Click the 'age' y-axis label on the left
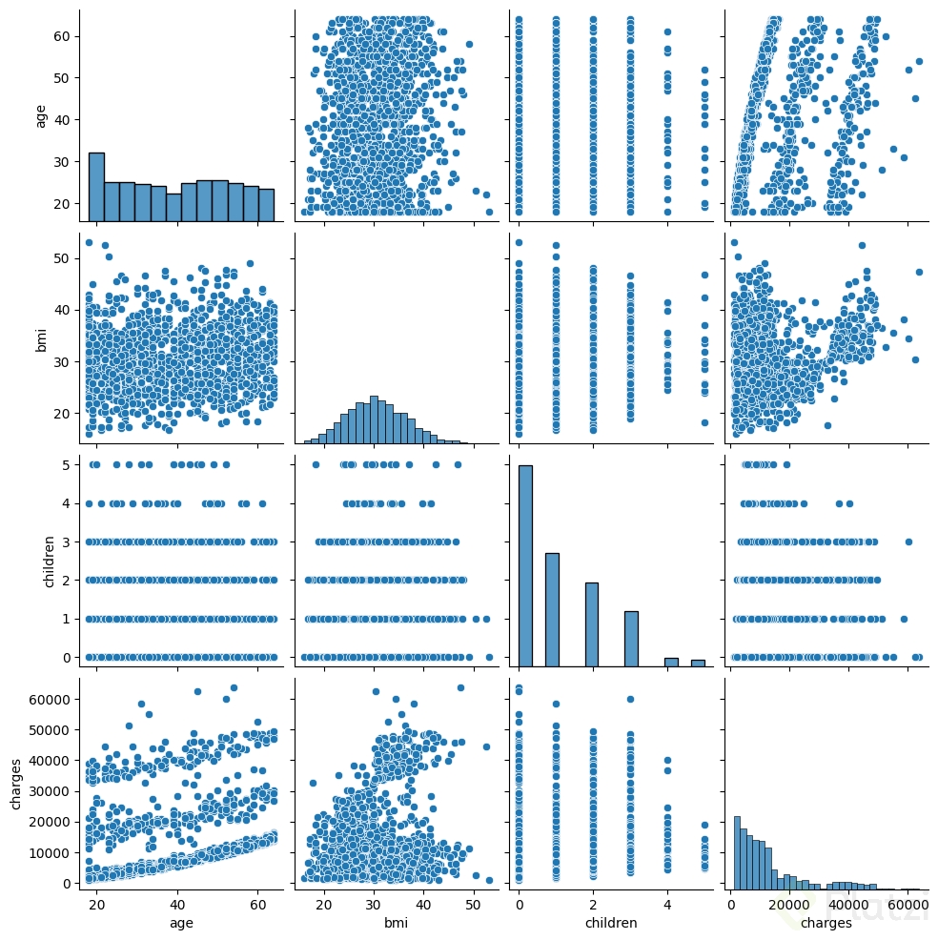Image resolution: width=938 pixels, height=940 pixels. point(40,115)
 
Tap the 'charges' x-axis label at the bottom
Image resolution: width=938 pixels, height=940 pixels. point(826,923)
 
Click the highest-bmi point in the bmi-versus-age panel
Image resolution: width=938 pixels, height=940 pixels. point(89,242)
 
